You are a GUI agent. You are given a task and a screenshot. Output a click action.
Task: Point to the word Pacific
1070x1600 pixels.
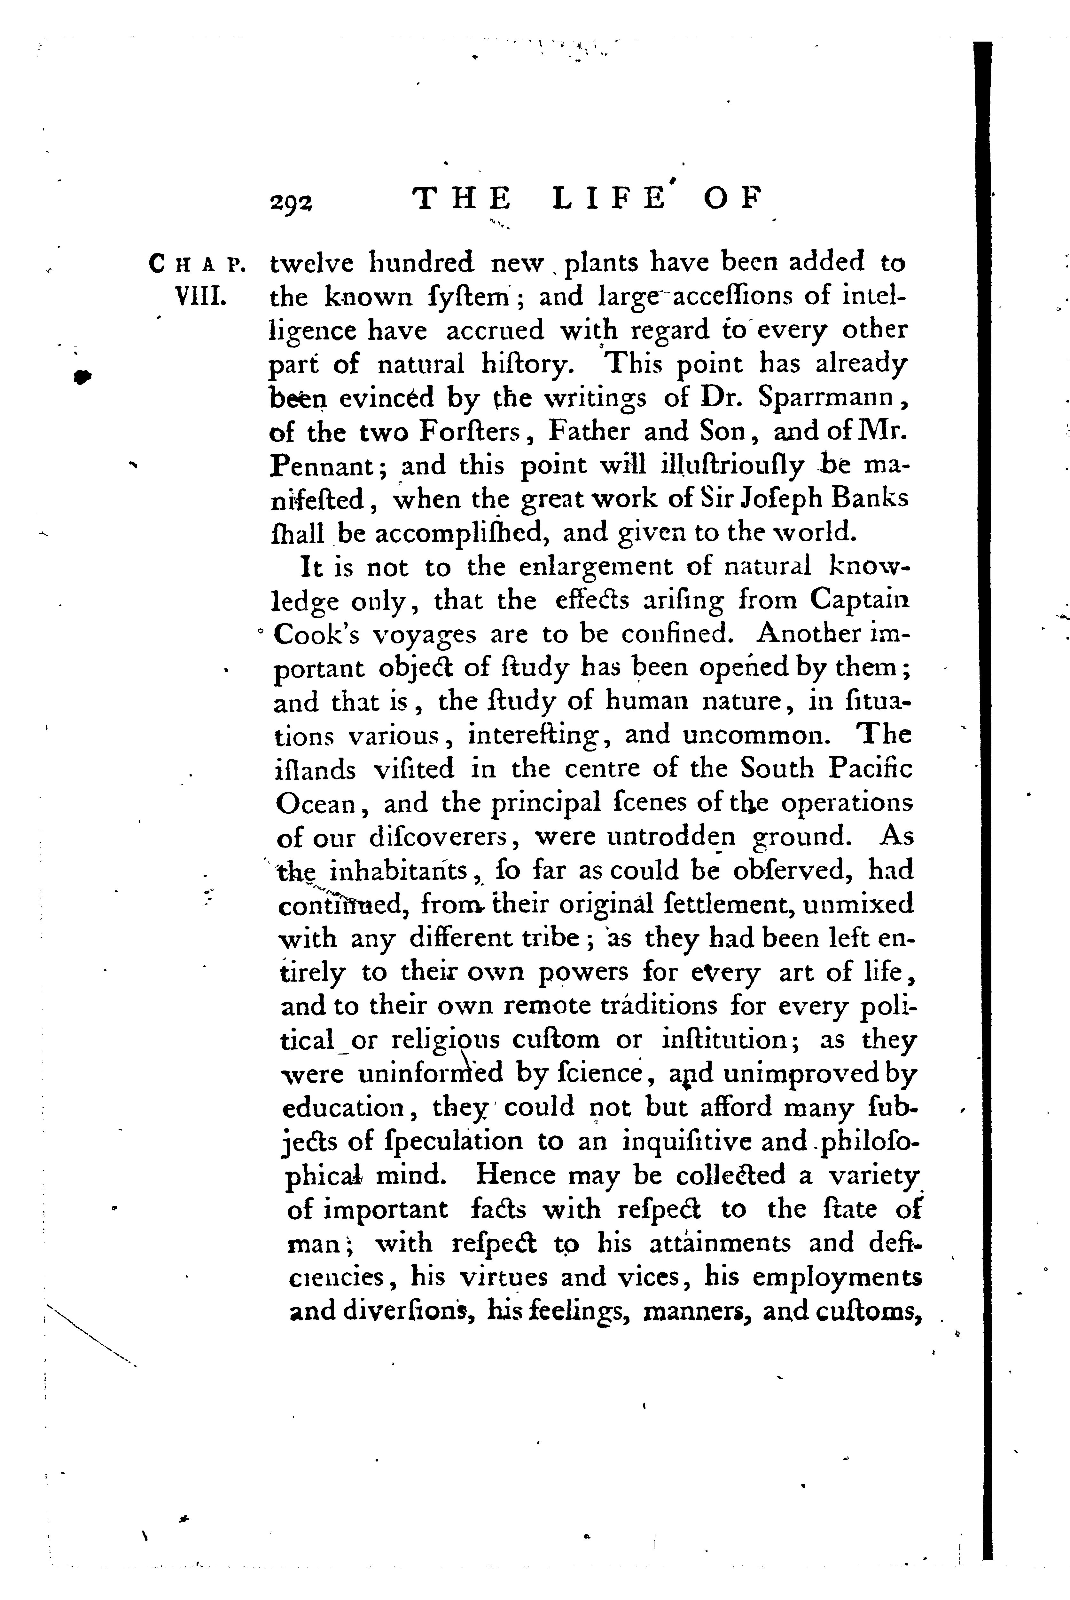[871, 770]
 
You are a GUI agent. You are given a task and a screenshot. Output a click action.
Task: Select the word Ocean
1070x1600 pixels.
[316, 804]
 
